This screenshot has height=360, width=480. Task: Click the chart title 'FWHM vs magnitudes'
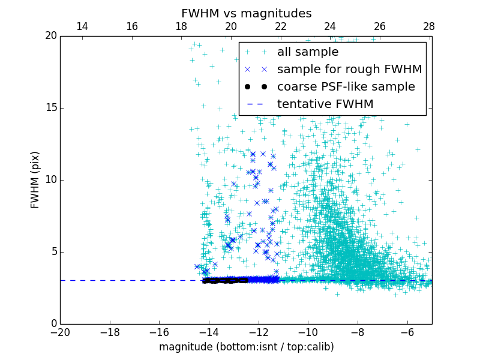coord(246,13)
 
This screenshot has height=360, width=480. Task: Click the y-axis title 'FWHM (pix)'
coord(35,179)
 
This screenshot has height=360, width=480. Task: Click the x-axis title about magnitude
coord(246,347)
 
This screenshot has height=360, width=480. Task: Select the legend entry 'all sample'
coord(308,52)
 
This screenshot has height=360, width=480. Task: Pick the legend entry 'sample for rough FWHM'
coord(349,69)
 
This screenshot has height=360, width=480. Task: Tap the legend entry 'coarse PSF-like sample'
coord(346,86)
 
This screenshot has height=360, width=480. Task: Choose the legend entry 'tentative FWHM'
coord(325,104)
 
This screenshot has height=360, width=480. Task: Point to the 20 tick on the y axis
coord(50,36)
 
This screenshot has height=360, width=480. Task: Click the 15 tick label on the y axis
coord(50,108)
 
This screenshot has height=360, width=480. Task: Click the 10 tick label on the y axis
coord(50,179)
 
